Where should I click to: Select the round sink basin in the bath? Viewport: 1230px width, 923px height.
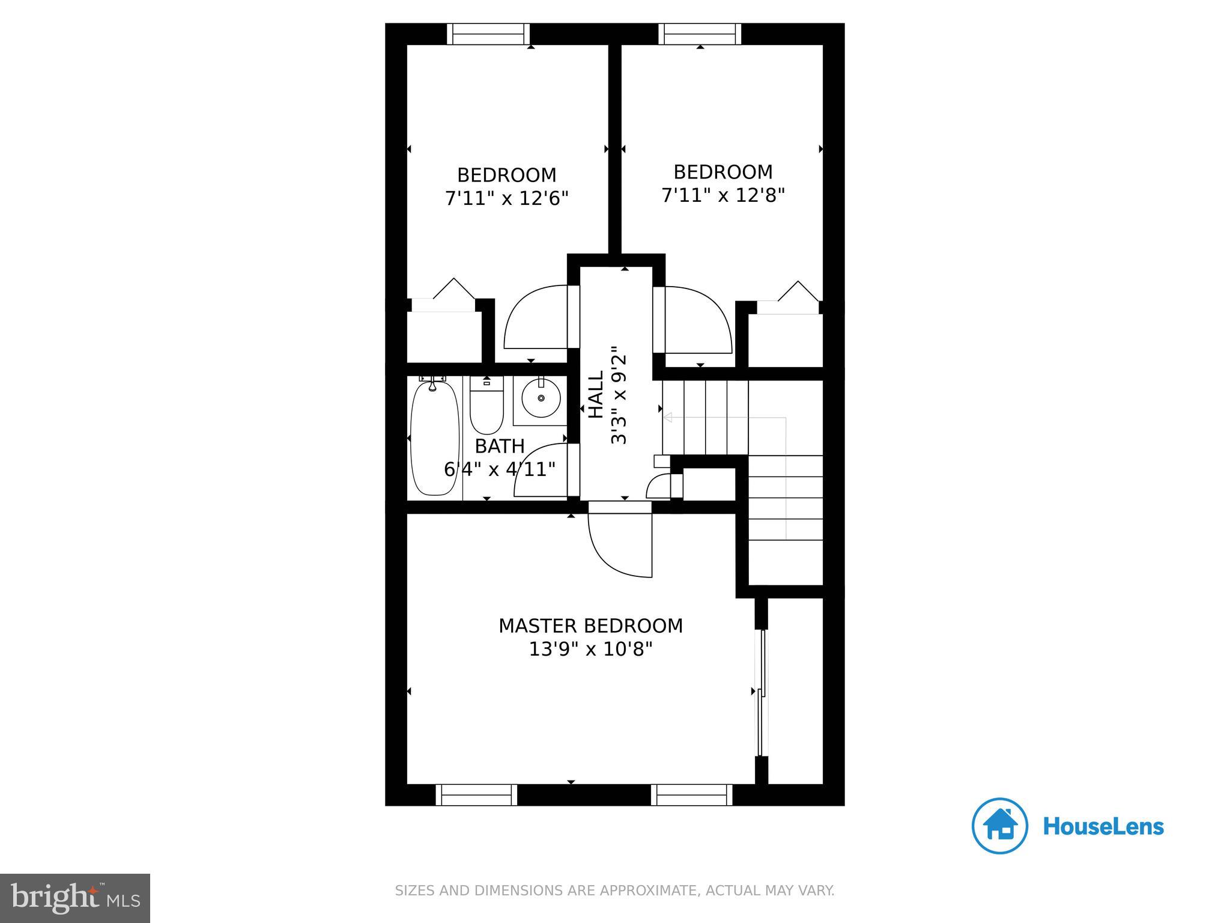pos(541,398)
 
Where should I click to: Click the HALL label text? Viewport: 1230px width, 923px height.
pos(596,394)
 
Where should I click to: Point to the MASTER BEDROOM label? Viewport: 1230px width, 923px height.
pos(590,626)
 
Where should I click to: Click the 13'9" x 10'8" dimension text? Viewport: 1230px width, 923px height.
pos(590,650)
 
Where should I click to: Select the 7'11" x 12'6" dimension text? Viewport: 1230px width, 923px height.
pos(506,198)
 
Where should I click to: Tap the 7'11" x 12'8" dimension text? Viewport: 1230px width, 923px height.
pos(723,195)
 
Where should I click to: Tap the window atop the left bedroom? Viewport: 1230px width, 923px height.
pos(489,34)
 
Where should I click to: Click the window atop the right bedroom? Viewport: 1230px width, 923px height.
pos(700,34)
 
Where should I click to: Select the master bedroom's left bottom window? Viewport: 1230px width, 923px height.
pos(476,794)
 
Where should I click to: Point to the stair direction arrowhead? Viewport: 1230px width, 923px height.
pos(667,418)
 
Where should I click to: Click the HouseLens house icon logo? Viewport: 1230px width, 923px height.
pos(999,826)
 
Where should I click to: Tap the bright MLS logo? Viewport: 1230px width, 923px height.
pos(74,898)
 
